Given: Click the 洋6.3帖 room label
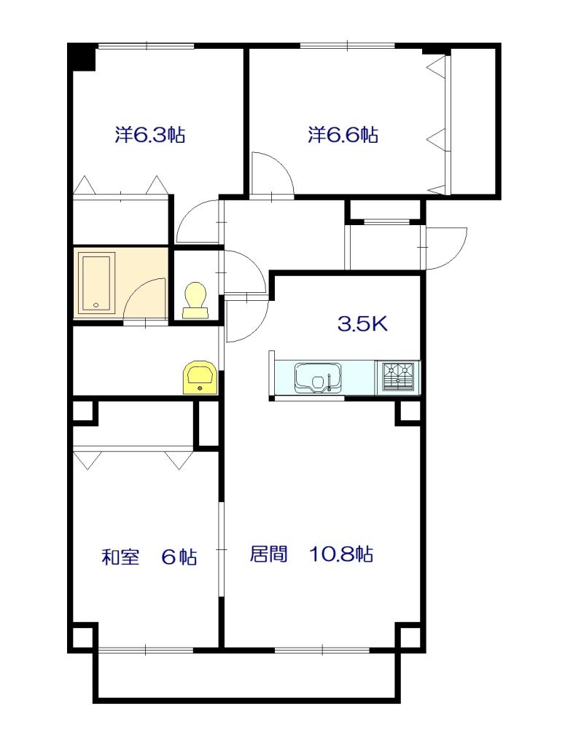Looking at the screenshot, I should tap(149, 135).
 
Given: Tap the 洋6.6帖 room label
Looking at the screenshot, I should tap(343, 135).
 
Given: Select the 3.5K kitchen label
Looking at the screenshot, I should tap(362, 324).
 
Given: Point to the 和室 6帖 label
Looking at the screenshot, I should tap(149, 557).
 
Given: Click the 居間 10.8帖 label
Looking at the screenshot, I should tap(311, 554).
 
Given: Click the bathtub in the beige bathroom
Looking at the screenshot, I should tap(96, 283).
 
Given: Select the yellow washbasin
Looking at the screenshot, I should tap(200, 377).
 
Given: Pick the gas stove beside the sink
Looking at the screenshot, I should tap(397, 377).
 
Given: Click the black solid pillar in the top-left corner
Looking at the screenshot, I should tap(82, 58).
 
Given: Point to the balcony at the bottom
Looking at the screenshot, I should tap(248, 677).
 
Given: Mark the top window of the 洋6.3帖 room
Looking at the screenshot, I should tap(147, 47).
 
